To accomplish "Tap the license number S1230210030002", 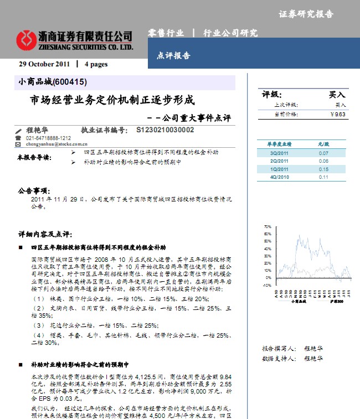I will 165,131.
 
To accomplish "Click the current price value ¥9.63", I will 337,115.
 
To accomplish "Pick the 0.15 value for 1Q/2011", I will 323,169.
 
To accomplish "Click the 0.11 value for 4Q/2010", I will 323,177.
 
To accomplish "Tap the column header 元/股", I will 323,144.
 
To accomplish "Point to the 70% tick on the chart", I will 268,227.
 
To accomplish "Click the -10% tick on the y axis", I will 268,286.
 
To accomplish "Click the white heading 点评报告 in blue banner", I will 173,56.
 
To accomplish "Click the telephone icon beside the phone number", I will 18,138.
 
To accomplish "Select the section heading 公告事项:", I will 34,190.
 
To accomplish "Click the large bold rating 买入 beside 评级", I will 337,95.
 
